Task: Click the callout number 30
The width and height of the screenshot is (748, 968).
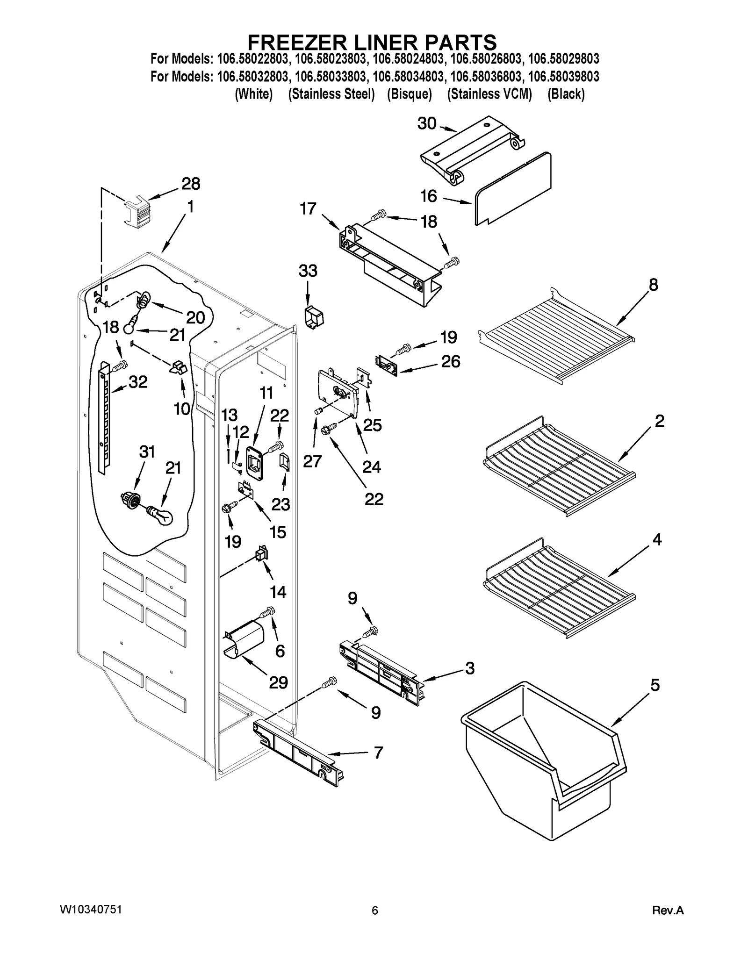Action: [x=426, y=124]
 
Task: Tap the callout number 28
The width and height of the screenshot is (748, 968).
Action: [x=191, y=184]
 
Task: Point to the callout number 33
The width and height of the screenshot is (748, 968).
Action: [x=308, y=271]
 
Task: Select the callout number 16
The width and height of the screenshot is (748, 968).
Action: [x=428, y=196]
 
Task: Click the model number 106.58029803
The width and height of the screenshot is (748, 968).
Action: [x=563, y=59]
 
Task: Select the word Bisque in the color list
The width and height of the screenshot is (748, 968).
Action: [x=409, y=94]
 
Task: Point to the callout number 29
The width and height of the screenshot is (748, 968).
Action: [x=278, y=683]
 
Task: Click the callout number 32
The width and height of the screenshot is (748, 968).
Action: [x=138, y=382]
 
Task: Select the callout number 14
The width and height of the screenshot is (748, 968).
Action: [x=278, y=592]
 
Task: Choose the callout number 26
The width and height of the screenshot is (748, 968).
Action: [x=450, y=361]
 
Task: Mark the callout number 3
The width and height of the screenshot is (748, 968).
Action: [x=469, y=668]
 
